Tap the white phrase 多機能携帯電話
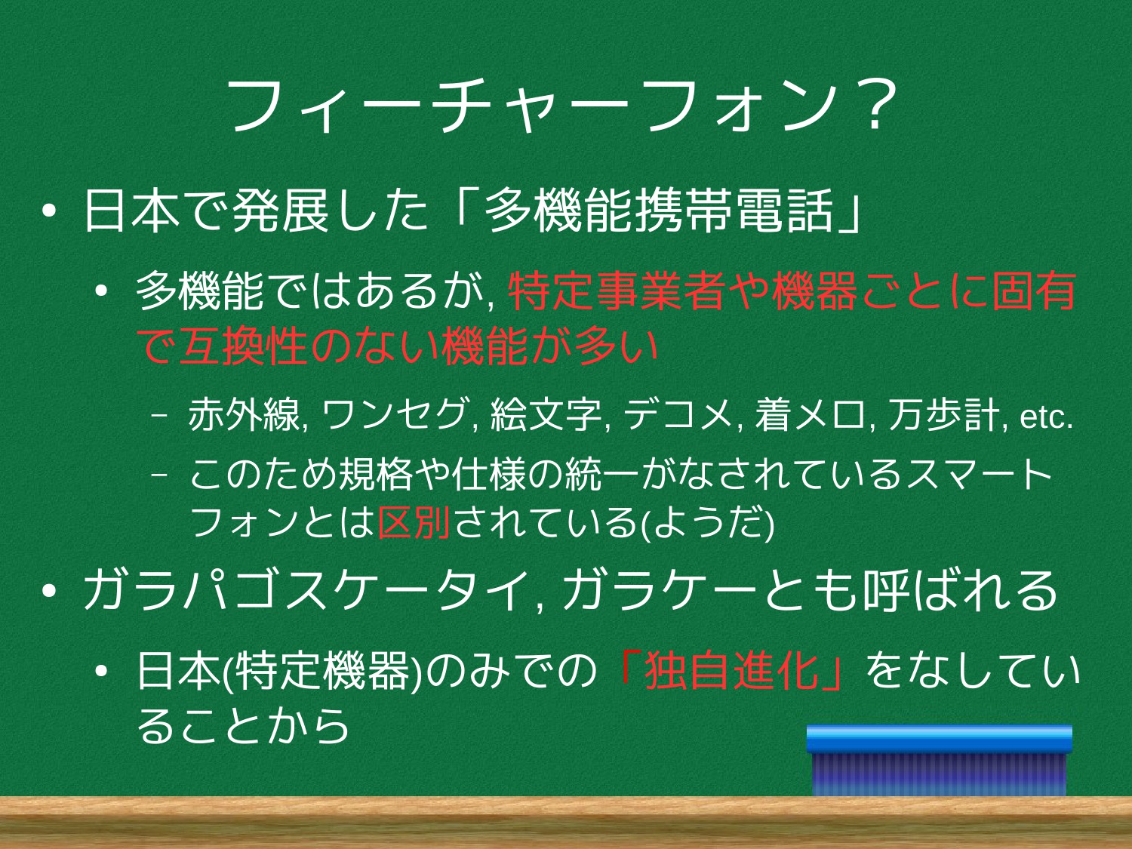pyautogui.click(x=659, y=211)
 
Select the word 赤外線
pyautogui.click(x=244, y=414)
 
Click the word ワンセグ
pyautogui.click(x=395, y=414)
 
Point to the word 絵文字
pyautogui.click(x=546, y=414)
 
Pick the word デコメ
pyautogui.click(x=678, y=414)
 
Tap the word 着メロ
pyautogui.click(x=811, y=414)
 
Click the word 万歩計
pyautogui.click(x=943, y=414)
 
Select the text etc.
pyautogui.click(x=1047, y=417)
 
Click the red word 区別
pyautogui.click(x=414, y=522)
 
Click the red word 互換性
pyautogui.click(x=243, y=346)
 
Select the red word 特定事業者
pyautogui.click(x=616, y=291)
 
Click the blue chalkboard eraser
pyautogui.click(x=939, y=761)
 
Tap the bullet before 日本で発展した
pyautogui.click(x=49, y=211)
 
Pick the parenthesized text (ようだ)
pyautogui.click(x=706, y=523)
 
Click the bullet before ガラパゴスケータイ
pyautogui.click(x=49, y=591)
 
